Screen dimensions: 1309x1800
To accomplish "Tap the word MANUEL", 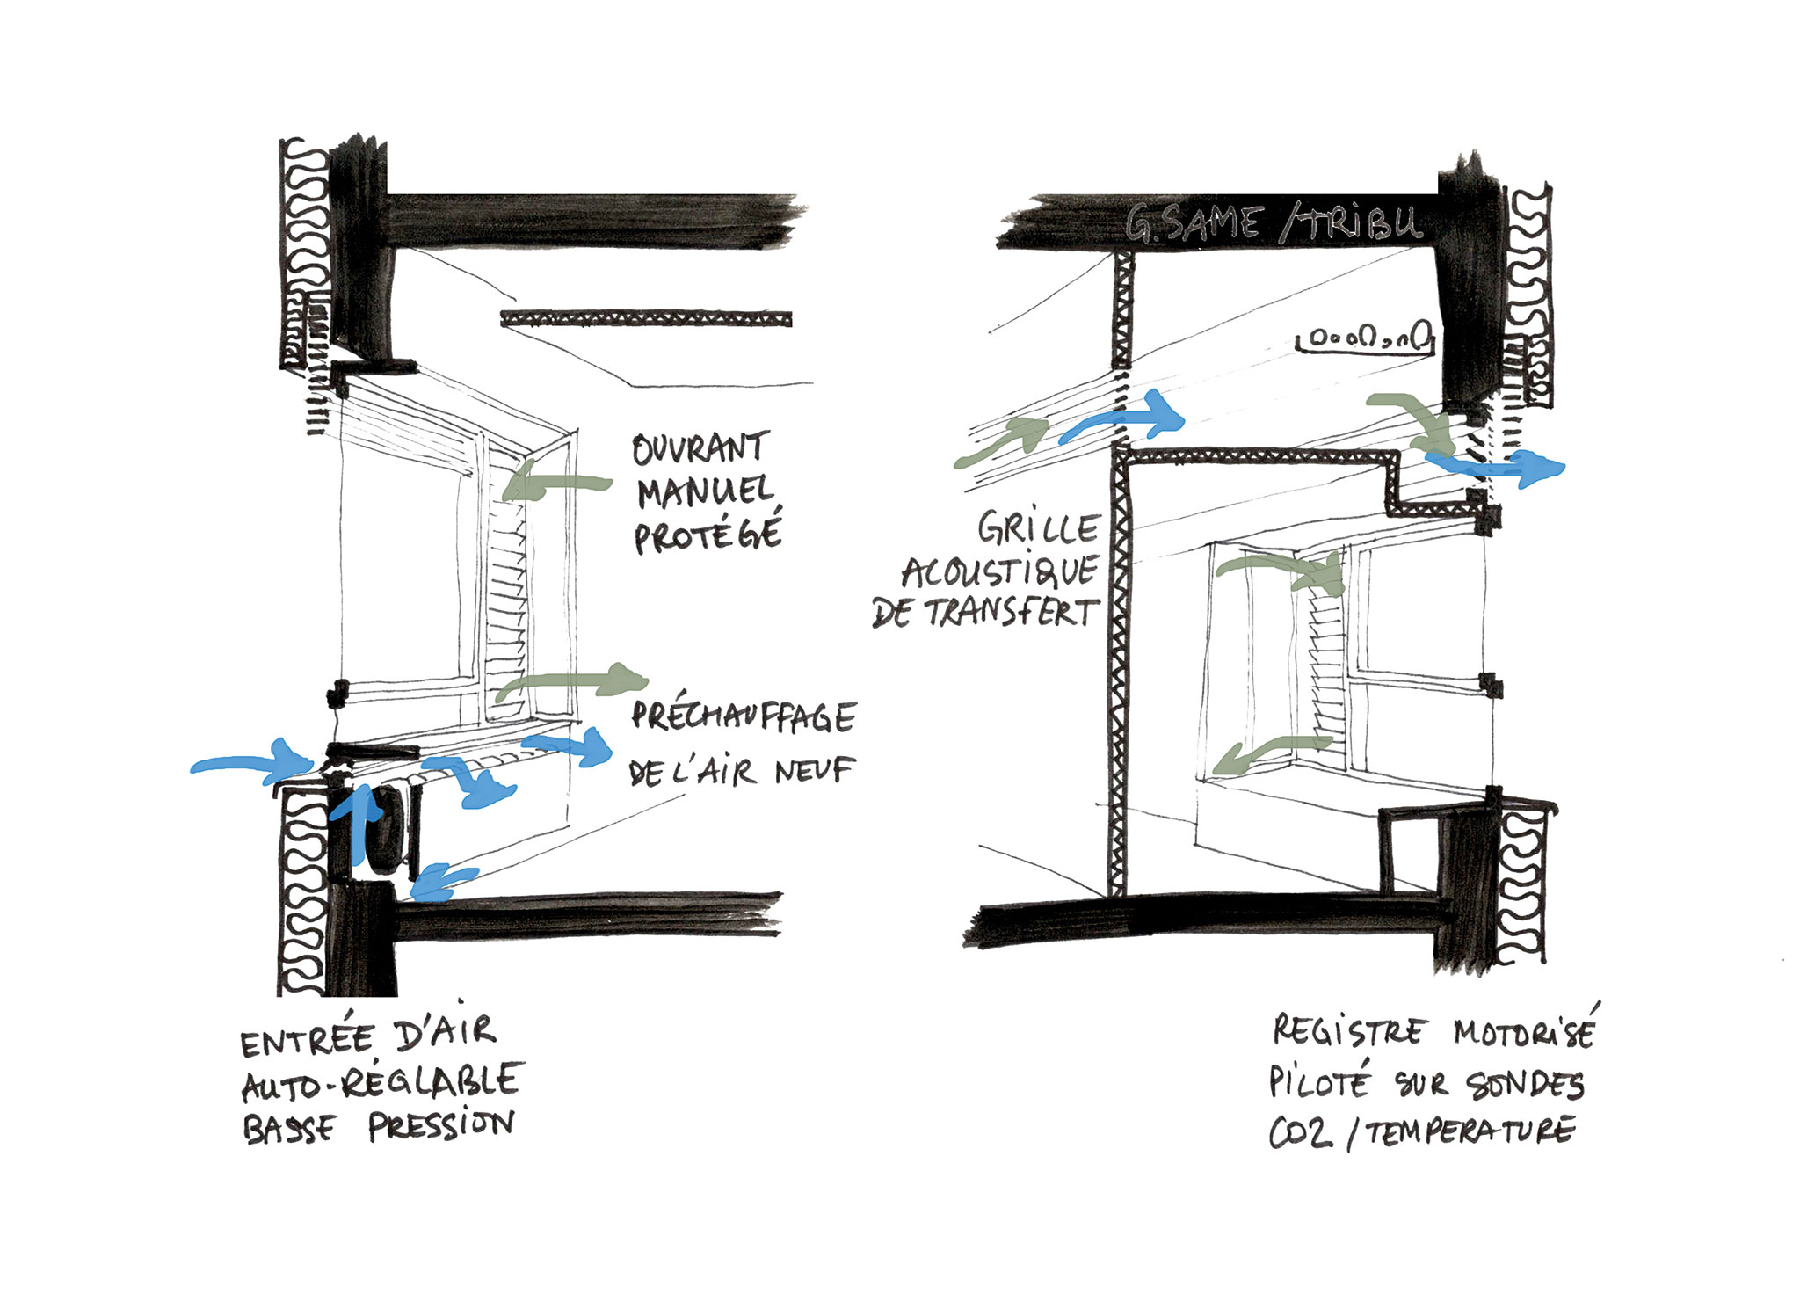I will coord(706,491).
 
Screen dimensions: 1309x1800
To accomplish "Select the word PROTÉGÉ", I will coord(708,535).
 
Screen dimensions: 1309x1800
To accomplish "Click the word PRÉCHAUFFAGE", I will coord(744,716).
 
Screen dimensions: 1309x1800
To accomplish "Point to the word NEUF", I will coord(814,771).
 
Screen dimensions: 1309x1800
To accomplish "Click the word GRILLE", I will coord(1038,528).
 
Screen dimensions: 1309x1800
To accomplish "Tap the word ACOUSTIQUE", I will coord(999,572).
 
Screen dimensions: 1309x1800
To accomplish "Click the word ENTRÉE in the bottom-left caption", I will coord(308,1041).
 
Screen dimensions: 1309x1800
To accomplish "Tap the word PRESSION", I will coord(441,1125).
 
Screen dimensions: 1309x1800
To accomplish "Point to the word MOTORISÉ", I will coord(1524,1031).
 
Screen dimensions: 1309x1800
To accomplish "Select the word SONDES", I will coord(1525,1085).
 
